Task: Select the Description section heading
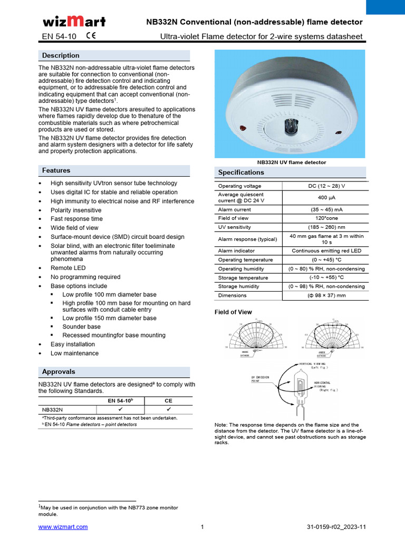61,55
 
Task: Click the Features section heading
56,170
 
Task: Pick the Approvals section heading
59,371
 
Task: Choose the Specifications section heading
241,172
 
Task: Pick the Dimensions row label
232,296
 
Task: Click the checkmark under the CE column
169,409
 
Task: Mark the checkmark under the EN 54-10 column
120,409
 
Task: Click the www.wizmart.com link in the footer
63,527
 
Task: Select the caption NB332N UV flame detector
291,162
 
